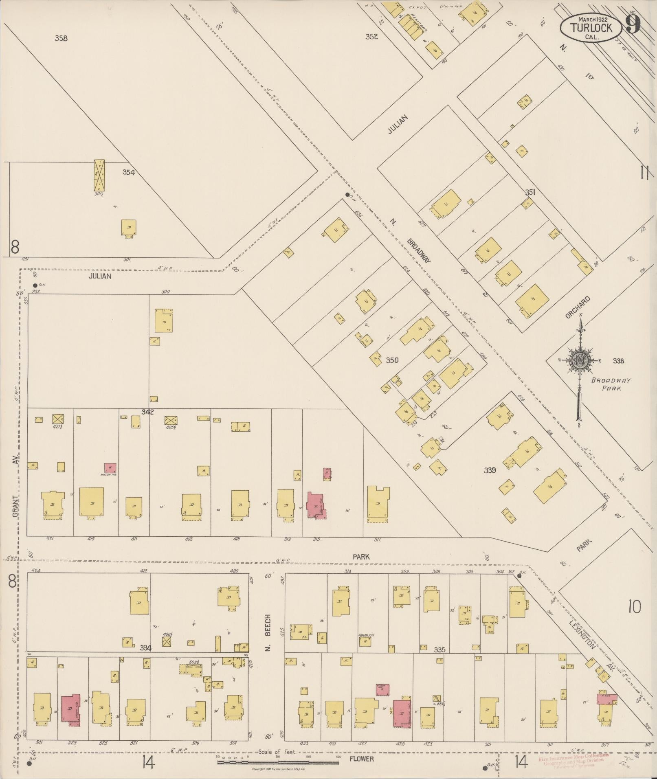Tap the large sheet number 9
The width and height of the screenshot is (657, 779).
[633, 24]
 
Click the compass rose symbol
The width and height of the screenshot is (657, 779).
[579, 360]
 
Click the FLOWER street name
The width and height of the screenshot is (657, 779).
[362, 759]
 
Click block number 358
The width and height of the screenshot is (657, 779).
[61, 38]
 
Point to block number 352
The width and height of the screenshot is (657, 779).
[371, 37]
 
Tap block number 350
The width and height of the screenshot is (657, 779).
[392, 360]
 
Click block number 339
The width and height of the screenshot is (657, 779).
[490, 470]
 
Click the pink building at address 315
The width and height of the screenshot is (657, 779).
[316, 505]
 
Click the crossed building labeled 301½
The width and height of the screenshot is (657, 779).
[99, 175]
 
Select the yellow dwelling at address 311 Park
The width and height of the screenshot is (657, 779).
[378, 504]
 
